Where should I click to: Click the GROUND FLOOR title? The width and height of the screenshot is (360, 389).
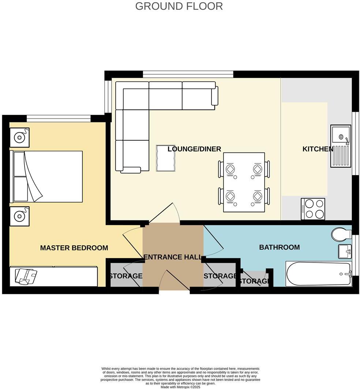coord(179,6)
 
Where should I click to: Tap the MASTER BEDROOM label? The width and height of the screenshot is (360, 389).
coord(74,248)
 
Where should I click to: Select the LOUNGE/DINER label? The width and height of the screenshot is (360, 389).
coord(194,149)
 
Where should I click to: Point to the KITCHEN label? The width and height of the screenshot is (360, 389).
coord(318,149)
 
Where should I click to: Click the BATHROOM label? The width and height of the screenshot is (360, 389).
coord(279,247)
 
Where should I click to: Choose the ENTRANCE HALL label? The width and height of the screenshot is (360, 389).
coord(173,257)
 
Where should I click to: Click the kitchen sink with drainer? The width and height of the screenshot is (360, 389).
coord(340,146)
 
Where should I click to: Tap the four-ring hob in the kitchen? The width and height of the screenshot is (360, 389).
coord(313,209)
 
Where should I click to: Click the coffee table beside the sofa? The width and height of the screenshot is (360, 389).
coord(165,158)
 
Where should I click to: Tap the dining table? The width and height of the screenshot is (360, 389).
coord(244,182)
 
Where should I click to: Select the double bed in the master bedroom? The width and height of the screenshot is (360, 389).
coord(48,176)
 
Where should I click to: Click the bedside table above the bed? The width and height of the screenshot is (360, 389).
coord(19,137)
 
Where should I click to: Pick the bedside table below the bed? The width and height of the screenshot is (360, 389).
coord(19,216)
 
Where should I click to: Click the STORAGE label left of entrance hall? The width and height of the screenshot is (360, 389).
coord(125,276)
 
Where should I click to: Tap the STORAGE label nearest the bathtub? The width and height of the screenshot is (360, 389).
coord(254,281)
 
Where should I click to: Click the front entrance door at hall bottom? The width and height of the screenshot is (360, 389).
coord(175,282)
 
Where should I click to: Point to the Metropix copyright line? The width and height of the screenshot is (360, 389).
coord(180,387)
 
